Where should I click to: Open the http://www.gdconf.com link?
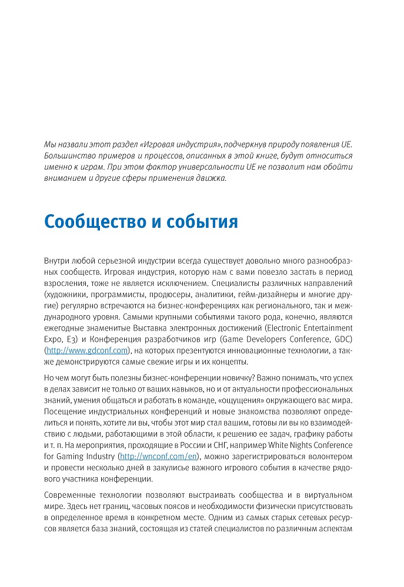[87, 350]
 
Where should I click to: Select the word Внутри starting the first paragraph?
[58, 259]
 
